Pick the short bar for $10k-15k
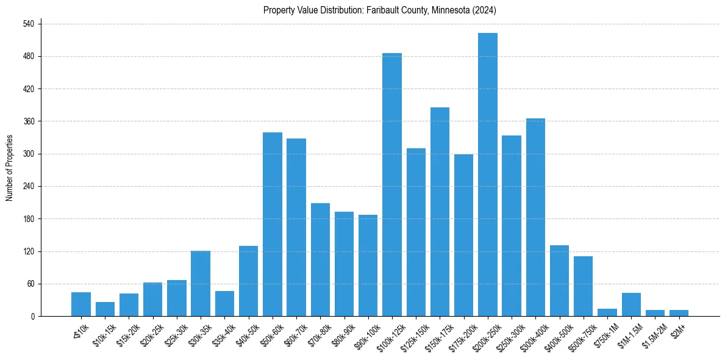105,309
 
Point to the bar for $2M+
679,313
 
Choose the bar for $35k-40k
224,304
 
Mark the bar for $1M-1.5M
631,304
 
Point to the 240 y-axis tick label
28,186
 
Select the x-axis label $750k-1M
604,333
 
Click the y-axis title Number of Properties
9,168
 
